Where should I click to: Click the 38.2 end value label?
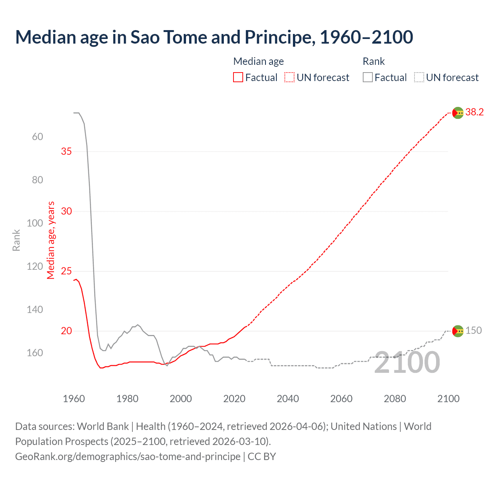tap(474, 112)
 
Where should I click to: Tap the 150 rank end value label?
tap(474, 330)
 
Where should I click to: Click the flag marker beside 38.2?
tap(458, 113)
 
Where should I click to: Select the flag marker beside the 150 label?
tap(458, 331)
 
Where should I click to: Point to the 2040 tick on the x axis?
tap(288, 399)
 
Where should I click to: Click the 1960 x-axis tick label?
tap(74, 399)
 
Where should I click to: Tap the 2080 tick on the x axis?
tap(395, 399)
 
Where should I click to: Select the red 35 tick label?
tap(66, 151)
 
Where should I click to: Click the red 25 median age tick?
tap(66, 271)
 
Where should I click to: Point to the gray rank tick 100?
tap(35, 223)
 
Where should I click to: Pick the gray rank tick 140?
tap(35, 310)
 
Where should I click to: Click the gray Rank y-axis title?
tap(16, 240)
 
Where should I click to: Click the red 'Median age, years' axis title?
tap(51, 240)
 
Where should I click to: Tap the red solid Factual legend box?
tap(238, 78)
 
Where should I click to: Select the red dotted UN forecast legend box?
tap(289, 78)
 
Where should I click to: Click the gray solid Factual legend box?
tap(368, 78)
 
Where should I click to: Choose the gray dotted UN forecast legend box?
tap(419, 78)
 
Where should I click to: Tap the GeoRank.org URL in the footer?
tap(128, 456)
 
